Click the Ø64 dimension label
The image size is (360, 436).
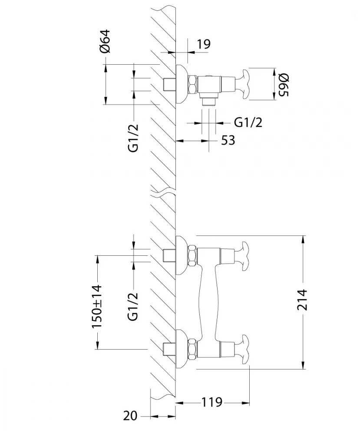click(105, 41)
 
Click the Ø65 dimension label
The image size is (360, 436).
click(283, 85)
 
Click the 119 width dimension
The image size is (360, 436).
click(211, 403)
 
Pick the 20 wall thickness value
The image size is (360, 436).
click(130, 416)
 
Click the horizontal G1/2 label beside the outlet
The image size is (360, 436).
click(248, 122)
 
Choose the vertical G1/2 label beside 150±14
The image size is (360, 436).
click(133, 306)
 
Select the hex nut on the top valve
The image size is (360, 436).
click(192, 84)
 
